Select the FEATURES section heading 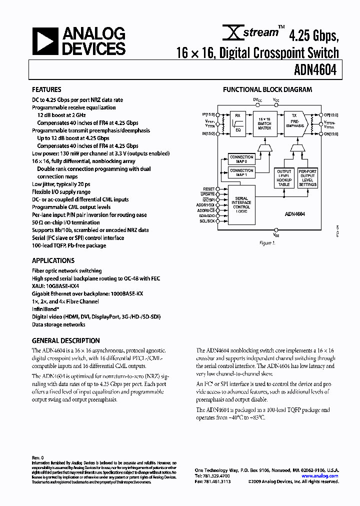tap(47, 90)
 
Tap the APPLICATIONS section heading tap(53, 260)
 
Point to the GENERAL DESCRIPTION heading tap(66, 340)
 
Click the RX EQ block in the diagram tap(238, 122)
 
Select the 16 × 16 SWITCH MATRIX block tap(264, 122)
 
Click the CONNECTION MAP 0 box tap(241, 159)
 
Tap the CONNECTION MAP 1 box tap(241, 172)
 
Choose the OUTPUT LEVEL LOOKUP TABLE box tap(284, 178)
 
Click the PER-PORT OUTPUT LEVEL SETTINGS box tap(307, 178)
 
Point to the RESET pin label tap(207, 189)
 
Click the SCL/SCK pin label tap(207, 220)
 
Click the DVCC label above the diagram tap(256, 100)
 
